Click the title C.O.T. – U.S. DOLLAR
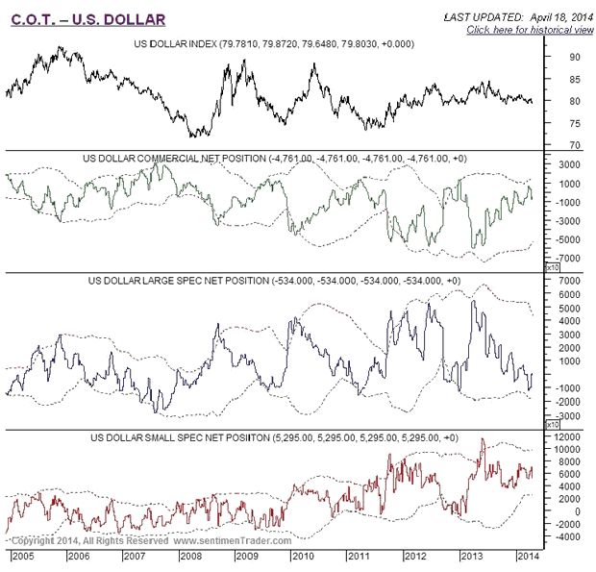pyautogui.click(x=87, y=18)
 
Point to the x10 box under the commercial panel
pyautogui.click(x=552, y=266)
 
